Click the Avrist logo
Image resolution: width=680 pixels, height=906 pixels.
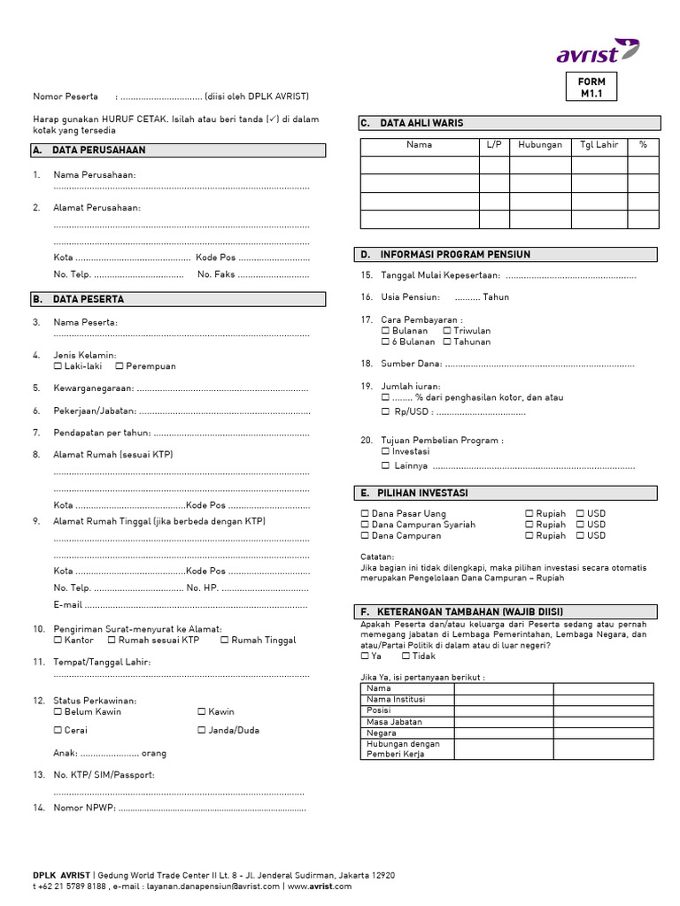pos(597,52)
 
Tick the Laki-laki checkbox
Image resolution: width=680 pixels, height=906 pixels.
pos(58,365)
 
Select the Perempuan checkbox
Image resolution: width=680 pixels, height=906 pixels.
pos(120,365)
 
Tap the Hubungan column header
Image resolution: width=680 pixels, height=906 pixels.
pos(539,144)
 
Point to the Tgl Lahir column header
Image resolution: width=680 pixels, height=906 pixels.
pos(599,144)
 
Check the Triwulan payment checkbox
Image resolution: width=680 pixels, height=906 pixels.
pos(447,330)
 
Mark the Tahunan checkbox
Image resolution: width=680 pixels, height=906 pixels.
pos(447,342)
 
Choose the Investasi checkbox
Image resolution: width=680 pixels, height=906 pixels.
pos(385,450)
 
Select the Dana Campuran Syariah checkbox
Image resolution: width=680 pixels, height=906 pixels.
pos(365,525)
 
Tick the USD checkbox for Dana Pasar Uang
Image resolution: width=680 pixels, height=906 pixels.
pos(580,513)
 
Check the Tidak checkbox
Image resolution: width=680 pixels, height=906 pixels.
pos(406,656)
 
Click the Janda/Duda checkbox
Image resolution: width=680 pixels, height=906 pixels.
pos(202,730)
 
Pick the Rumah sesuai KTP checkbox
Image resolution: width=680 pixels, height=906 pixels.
pos(112,640)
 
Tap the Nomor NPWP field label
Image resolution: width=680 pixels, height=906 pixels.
pos(84,807)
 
